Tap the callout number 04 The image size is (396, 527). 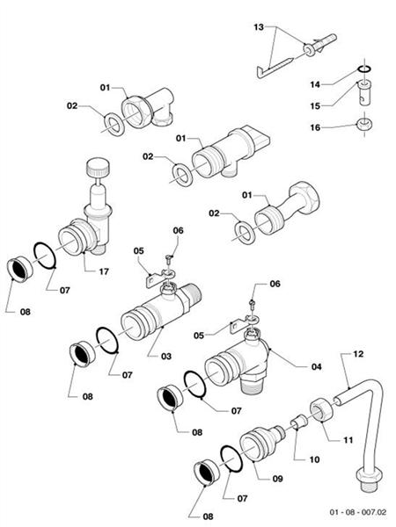(x=303, y=365)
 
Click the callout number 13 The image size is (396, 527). (x=258, y=28)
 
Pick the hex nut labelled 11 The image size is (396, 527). (x=322, y=409)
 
